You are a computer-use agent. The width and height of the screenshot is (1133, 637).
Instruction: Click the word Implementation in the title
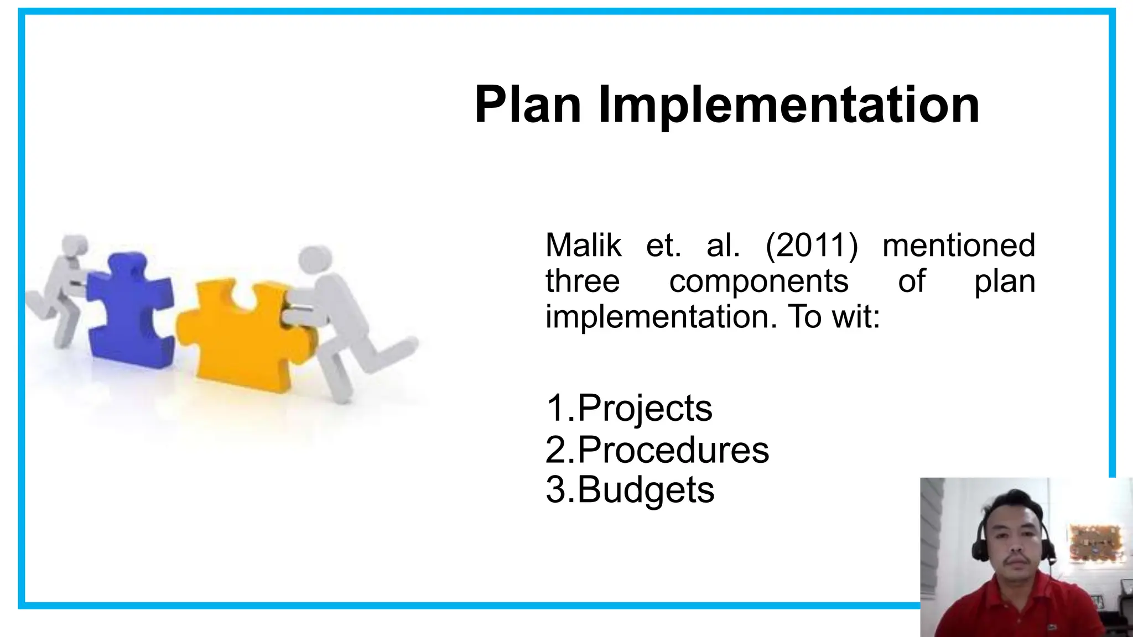(788, 105)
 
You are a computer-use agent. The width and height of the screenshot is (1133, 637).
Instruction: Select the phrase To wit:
(834, 317)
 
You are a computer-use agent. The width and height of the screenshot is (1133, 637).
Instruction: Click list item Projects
(645, 408)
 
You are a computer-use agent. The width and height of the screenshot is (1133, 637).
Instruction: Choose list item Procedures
(673, 450)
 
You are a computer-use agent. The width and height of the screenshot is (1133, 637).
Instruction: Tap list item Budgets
(646, 490)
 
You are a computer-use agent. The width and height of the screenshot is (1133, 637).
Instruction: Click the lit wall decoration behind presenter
(1096, 542)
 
